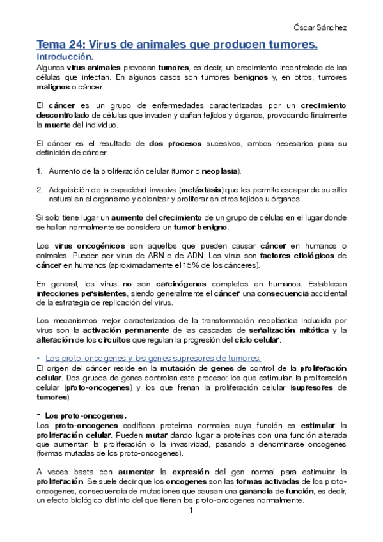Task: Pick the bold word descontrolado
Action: tap(60, 115)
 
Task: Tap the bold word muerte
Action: tap(61, 125)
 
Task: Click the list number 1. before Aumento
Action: tap(39, 172)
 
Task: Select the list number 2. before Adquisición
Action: tap(39, 190)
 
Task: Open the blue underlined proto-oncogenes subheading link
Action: tap(152, 358)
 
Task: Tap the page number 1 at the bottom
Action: tap(191, 512)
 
